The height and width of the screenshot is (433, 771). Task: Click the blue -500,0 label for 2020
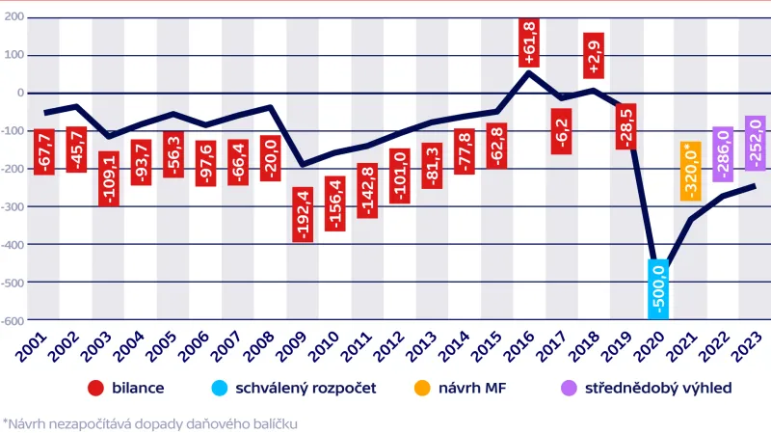(x=659, y=288)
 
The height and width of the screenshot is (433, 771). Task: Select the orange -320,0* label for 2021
(x=689, y=171)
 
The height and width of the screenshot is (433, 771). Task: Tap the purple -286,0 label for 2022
(x=723, y=154)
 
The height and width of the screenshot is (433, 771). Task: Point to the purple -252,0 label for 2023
(x=755, y=143)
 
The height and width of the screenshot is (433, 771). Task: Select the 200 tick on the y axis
(x=13, y=17)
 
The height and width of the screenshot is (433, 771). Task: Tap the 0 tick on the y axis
(x=18, y=93)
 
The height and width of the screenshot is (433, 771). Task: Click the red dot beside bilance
(x=95, y=389)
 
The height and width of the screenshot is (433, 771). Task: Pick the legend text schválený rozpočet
(x=299, y=389)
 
